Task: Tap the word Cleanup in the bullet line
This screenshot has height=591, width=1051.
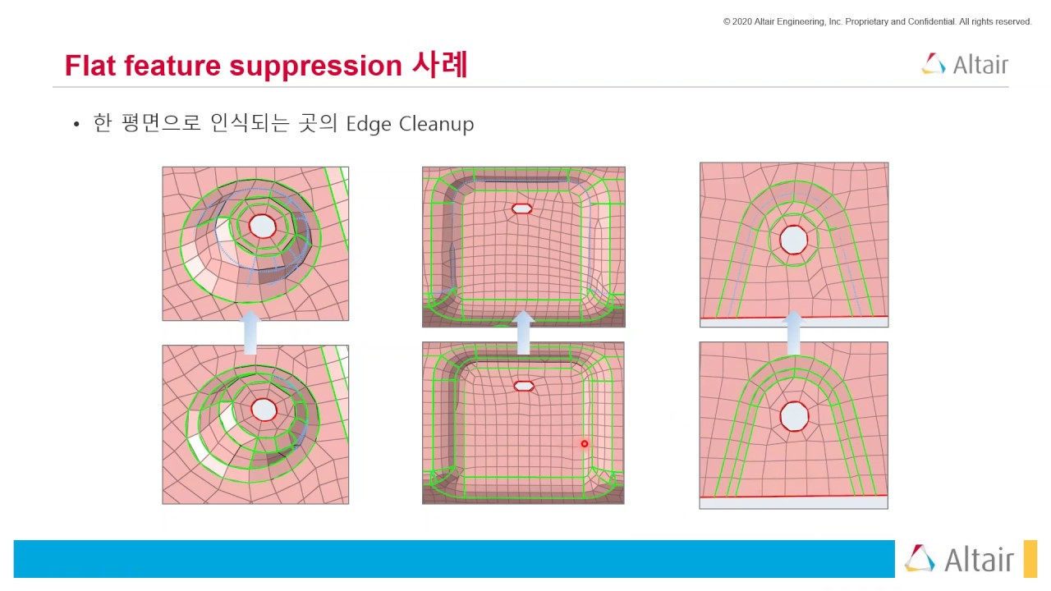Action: click(436, 124)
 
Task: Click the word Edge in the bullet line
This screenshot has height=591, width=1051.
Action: click(369, 124)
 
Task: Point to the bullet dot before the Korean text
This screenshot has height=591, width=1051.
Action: click(76, 125)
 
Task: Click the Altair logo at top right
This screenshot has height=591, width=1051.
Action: click(965, 64)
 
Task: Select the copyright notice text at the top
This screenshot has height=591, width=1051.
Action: click(877, 21)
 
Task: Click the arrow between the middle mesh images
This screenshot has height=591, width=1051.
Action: click(523, 332)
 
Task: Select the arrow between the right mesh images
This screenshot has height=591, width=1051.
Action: click(793, 332)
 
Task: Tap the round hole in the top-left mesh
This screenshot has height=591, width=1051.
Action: click(262, 225)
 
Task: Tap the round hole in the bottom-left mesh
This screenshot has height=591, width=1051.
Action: click(264, 409)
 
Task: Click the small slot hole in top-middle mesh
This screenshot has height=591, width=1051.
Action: click(521, 208)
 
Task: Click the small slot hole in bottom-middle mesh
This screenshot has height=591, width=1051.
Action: click(523, 385)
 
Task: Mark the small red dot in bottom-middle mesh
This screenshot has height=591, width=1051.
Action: click(585, 444)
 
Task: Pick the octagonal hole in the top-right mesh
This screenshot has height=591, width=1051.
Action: click(793, 240)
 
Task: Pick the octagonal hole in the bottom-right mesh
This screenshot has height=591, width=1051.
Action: click(794, 416)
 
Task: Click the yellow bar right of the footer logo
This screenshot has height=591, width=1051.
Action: click(1030, 558)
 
